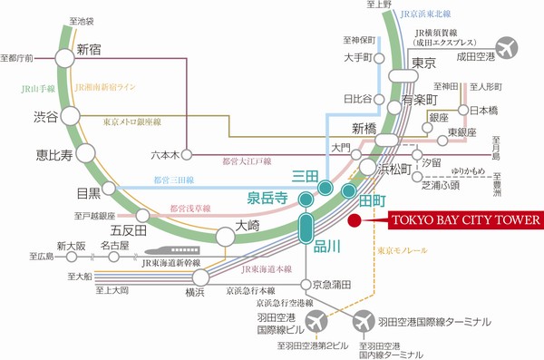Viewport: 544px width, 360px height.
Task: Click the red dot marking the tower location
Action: click(x=355, y=219)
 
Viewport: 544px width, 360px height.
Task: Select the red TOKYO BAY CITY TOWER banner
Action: click(x=464, y=219)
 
